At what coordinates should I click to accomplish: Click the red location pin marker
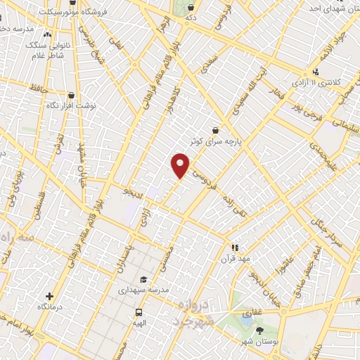click(x=181, y=165)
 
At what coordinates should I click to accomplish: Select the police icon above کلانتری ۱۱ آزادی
click(x=316, y=72)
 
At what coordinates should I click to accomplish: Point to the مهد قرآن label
click(x=236, y=257)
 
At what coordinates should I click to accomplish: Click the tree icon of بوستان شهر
click(x=259, y=330)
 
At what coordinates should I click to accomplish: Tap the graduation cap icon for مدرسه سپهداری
click(x=143, y=278)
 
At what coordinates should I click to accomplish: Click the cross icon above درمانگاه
click(x=49, y=297)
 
